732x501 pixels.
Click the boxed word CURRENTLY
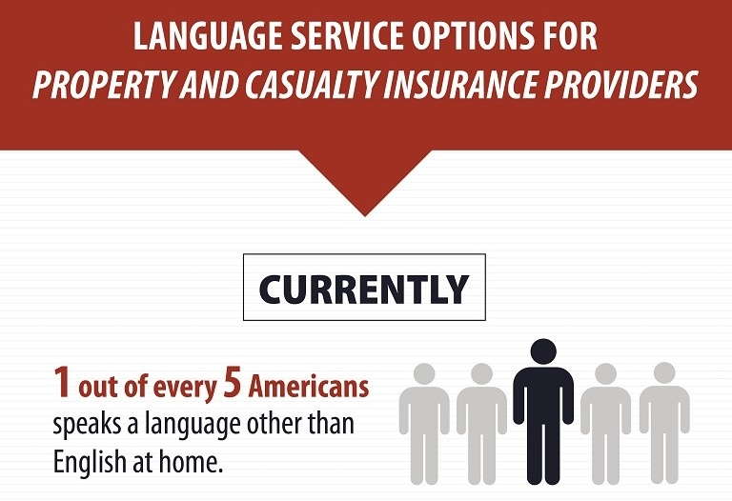[x=364, y=289]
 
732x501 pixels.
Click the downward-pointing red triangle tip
[x=364, y=207]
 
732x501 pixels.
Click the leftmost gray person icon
[x=424, y=419]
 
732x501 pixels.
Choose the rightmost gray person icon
[x=664, y=419]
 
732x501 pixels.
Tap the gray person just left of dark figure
[x=481, y=419]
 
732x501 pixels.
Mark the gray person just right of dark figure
[x=605, y=419]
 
